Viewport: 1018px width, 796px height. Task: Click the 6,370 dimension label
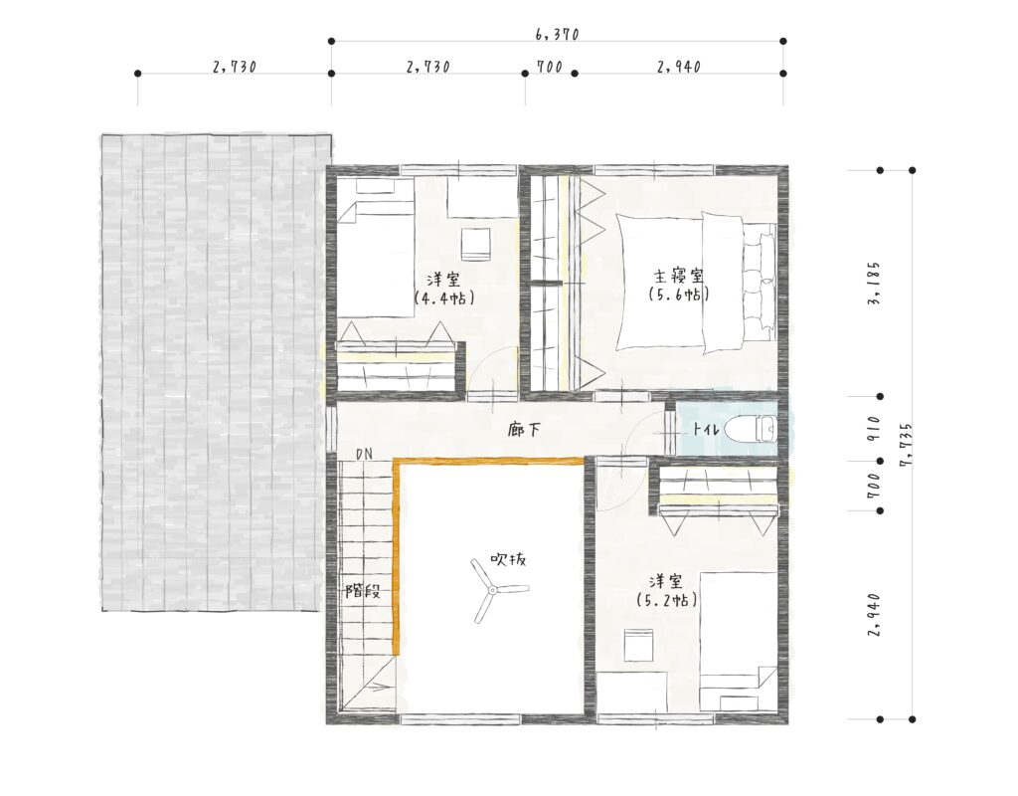coord(557,34)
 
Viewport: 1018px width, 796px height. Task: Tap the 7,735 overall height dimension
coord(907,445)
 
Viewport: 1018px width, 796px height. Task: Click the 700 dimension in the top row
coord(549,67)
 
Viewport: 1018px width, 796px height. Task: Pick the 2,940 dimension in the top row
coord(678,67)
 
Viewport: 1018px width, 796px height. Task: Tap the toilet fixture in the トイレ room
coord(750,429)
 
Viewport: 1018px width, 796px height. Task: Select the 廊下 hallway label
coord(523,430)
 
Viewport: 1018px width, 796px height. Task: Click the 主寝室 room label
coord(679,277)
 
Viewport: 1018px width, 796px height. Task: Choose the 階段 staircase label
coord(362,591)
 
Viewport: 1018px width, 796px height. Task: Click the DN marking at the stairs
coord(364,454)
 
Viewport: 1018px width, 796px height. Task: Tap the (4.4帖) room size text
coord(444,298)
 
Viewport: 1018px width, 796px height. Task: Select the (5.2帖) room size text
coord(667,600)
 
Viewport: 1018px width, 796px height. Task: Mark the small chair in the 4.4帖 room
coord(476,245)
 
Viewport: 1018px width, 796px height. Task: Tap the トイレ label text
coord(705,429)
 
